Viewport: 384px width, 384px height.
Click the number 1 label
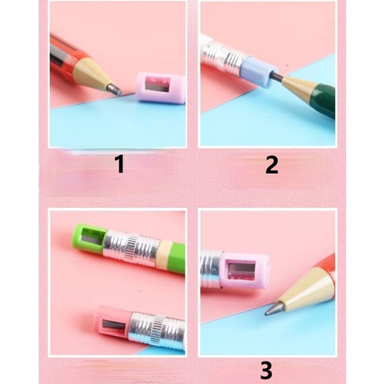tap(120, 165)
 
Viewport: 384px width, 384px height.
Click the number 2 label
tap(271, 165)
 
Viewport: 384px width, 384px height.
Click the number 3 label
tap(265, 371)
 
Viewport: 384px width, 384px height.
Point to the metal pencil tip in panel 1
tap(113, 88)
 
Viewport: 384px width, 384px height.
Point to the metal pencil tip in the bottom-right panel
tap(271, 308)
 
